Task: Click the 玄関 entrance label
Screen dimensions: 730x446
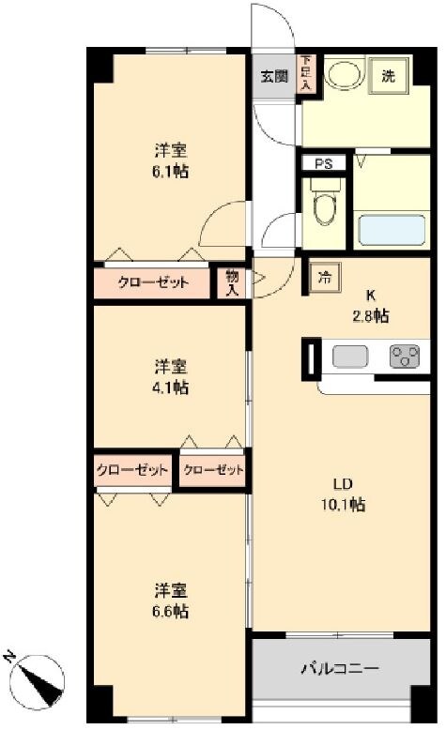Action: (273, 77)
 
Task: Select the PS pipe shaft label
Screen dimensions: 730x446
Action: (323, 163)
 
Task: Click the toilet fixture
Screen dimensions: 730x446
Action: (323, 207)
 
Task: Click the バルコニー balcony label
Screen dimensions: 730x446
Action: (340, 669)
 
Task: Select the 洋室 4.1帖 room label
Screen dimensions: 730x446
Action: (172, 375)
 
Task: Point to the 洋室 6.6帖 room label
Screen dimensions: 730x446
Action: (172, 601)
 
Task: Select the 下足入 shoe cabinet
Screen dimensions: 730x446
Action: (305, 74)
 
